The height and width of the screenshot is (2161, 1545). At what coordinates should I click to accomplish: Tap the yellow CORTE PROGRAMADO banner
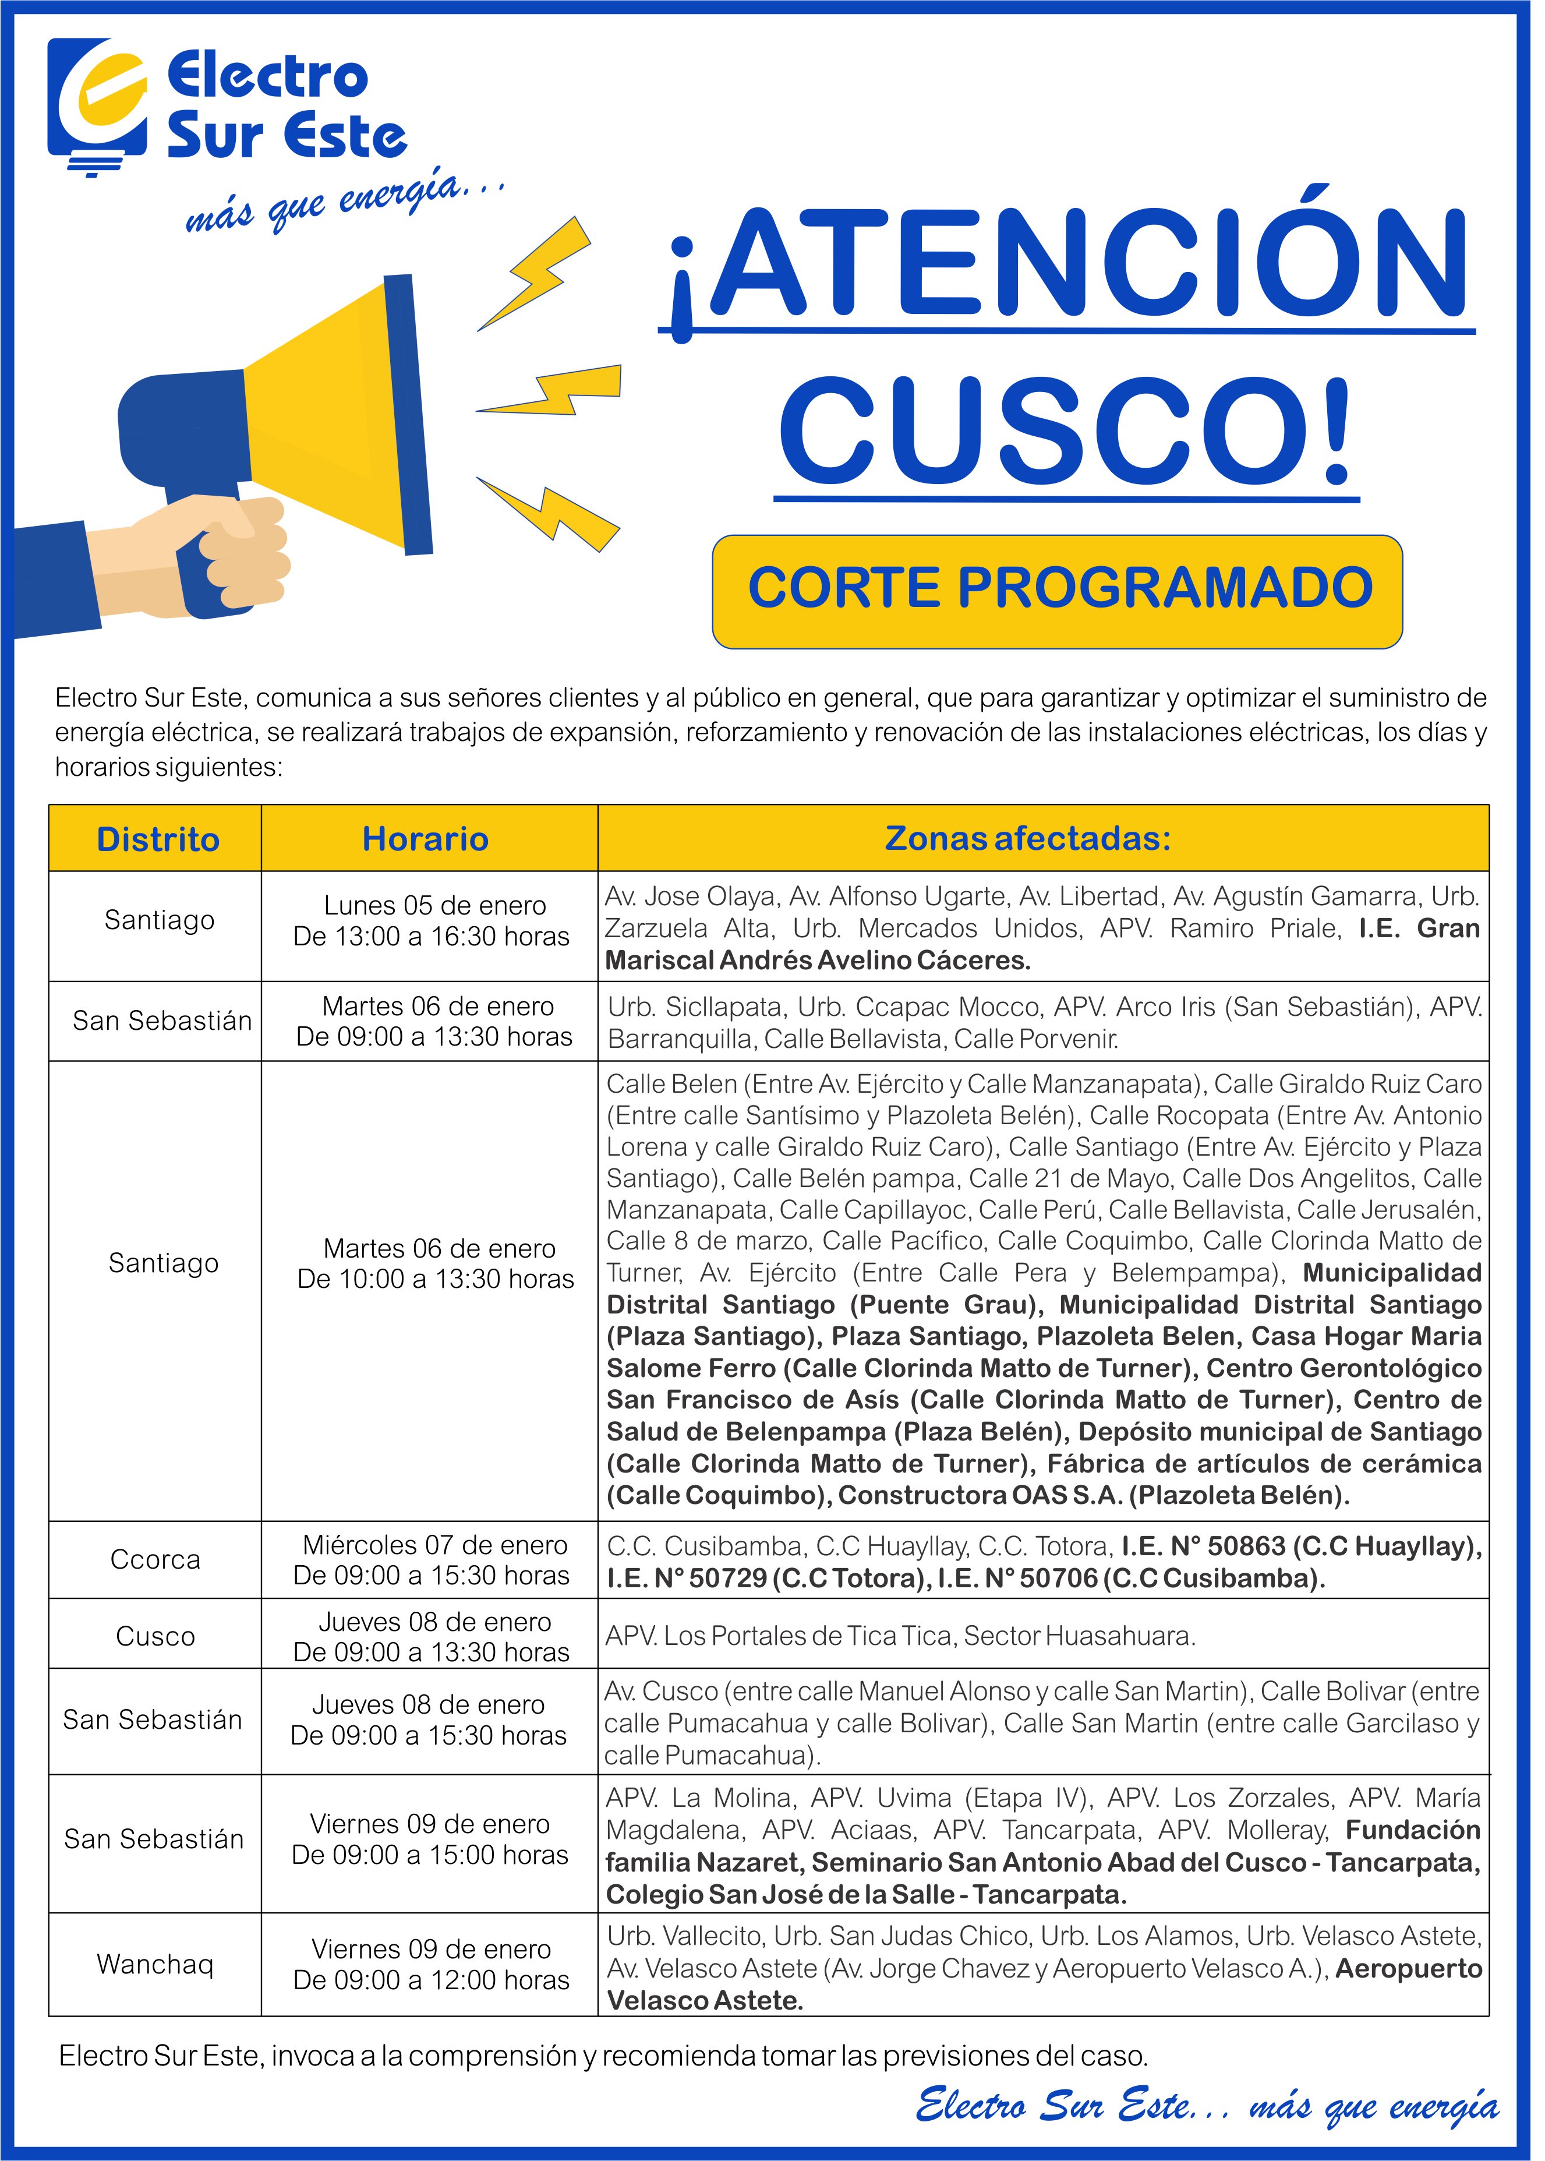(1057, 590)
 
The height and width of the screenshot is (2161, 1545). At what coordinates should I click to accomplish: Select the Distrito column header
(157, 839)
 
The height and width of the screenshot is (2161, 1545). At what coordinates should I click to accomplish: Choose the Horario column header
(425, 839)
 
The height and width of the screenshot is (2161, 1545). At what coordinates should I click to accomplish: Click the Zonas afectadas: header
(1027, 838)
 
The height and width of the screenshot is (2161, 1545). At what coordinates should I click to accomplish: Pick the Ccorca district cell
(155, 1560)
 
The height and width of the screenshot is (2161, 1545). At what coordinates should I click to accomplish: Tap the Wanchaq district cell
(155, 1964)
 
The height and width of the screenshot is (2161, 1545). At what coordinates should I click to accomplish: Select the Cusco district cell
(155, 1637)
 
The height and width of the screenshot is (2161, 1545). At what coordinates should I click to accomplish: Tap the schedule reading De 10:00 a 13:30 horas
(436, 1279)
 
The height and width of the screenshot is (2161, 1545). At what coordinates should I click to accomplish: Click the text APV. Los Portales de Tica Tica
(780, 1637)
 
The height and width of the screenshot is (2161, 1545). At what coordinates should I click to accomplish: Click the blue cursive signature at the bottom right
(1206, 2105)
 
